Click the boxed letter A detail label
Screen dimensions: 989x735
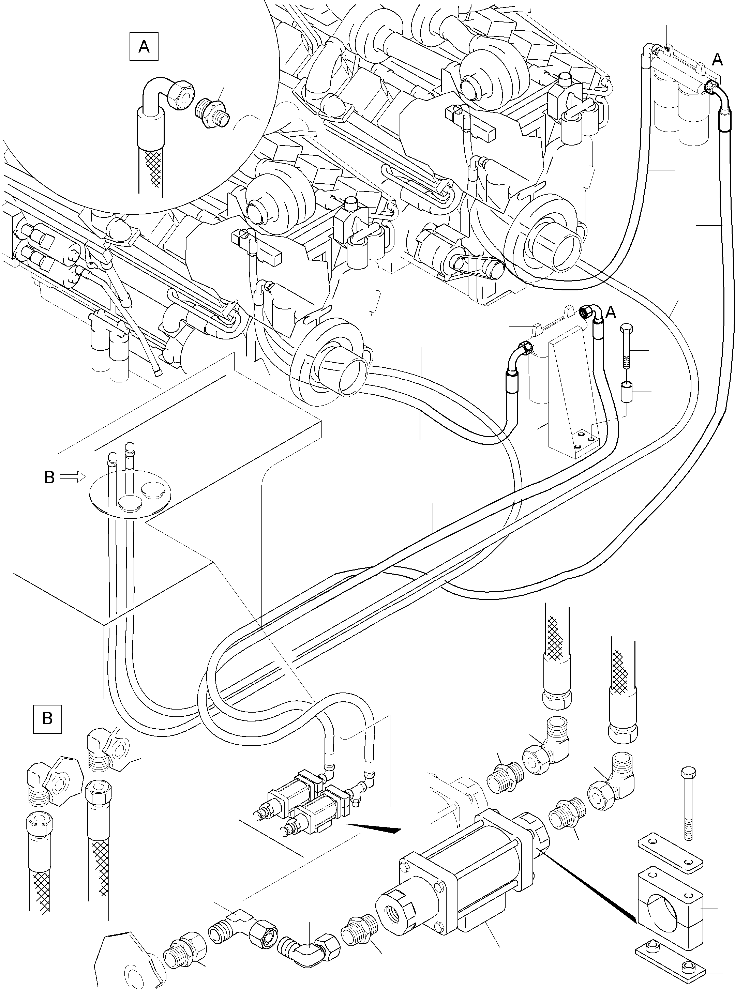tap(144, 46)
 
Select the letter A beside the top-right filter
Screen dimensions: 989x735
tap(717, 59)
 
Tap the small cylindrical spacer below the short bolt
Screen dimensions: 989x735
tap(627, 391)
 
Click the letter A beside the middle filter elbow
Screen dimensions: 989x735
tap(611, 313)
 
